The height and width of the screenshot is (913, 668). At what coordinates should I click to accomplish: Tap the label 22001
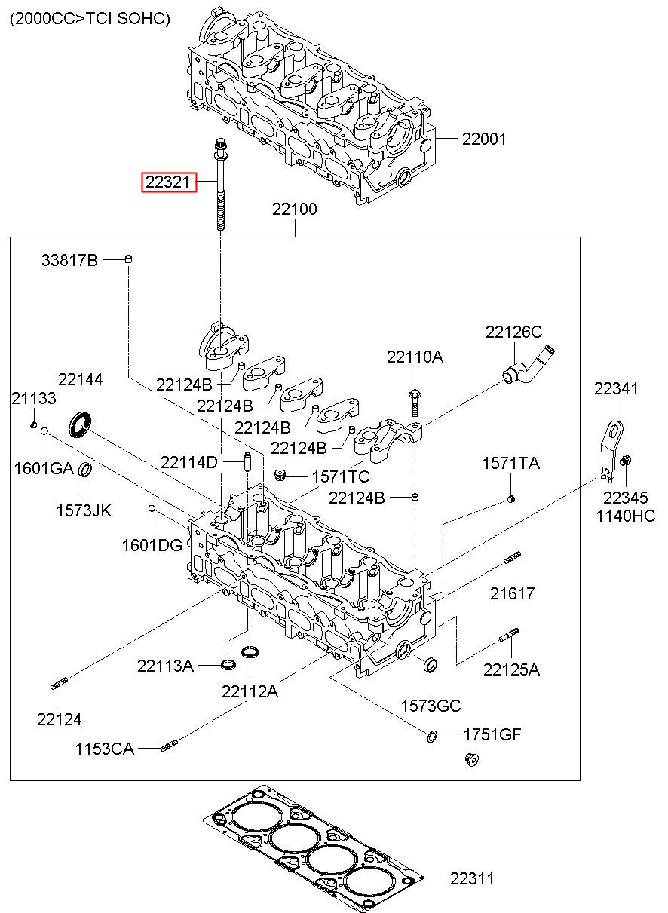click(484, 139)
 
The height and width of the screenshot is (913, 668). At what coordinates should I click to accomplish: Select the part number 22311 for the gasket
click(472, 878)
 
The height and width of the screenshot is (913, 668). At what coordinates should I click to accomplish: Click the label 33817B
click(69, 261)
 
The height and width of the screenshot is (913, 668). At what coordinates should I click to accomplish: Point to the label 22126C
click(513, 332)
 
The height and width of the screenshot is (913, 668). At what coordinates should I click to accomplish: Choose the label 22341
click(616, 389)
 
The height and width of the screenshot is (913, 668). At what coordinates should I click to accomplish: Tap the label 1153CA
click(104, 749)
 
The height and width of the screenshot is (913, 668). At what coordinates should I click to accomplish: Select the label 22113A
click(165, 666)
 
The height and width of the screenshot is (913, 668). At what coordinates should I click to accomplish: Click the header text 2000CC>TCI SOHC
click(90, 18)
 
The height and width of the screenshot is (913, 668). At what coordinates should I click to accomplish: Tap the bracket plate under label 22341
click(611, 447)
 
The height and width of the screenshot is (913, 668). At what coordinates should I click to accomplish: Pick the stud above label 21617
click(511, 559)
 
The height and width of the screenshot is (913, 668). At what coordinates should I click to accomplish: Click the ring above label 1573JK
click(86, 471)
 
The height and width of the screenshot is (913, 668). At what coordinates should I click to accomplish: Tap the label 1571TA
click(510, 464)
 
